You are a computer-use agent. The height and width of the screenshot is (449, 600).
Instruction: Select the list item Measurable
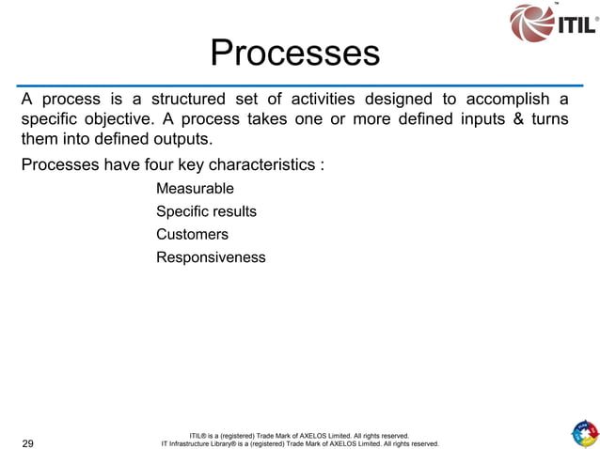pos(195,189)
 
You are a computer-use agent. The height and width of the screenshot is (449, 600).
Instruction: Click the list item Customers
pos(192,234)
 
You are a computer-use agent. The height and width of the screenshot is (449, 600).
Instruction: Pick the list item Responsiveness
pos(211,256)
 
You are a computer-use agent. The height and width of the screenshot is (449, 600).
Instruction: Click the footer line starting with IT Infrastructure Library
pos(300,443)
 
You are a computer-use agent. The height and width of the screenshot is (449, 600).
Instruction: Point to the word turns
pos(550,121)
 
